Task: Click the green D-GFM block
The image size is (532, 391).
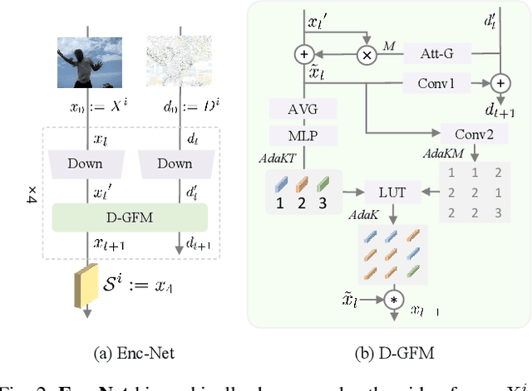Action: (128, 218)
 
